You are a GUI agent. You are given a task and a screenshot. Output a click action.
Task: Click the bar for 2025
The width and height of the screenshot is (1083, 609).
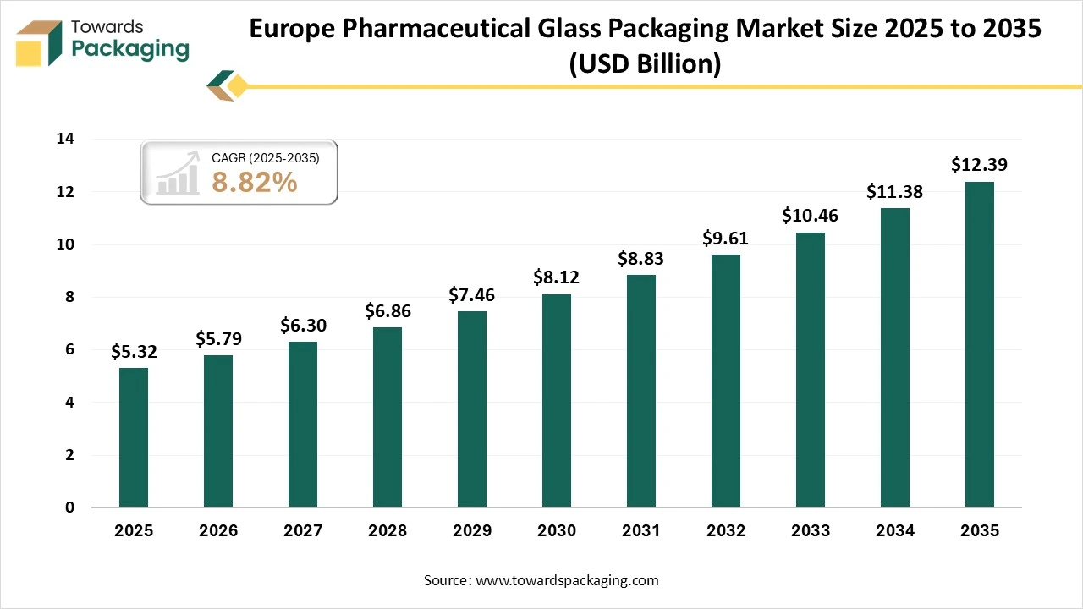tap(134, 437)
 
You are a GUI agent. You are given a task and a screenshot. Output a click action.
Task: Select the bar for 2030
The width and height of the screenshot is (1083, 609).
tap(557, 401)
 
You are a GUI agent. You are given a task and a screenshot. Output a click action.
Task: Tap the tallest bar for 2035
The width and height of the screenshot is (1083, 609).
tap(980, 344)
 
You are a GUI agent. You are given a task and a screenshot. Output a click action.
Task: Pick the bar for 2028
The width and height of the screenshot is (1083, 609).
tap(388, 417)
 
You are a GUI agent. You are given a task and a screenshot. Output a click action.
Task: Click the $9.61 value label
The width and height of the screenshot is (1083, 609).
tap(726, 239)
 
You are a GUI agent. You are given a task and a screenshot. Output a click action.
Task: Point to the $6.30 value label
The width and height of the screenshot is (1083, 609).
tap(303, 326)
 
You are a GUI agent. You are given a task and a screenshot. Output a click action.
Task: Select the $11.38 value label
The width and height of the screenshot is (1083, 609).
tap(895, 192)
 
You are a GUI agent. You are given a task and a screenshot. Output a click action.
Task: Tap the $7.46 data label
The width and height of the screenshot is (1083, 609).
tap(472, 295)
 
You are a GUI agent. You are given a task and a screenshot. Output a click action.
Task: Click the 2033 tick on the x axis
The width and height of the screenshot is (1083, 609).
tap(811, 531)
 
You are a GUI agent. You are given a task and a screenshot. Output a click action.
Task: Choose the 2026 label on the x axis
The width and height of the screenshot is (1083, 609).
tap(218, 531)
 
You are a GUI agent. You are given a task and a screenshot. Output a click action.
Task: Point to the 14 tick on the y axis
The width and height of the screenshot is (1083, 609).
tap(66, 140)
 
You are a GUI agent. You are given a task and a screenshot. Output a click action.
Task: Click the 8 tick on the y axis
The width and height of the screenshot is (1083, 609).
tap(70, 298)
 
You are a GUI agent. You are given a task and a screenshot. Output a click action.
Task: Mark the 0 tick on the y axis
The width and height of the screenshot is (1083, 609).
tap(70, 507)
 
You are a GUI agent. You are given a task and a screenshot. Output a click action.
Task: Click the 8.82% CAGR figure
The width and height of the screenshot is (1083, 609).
tap(255, 182)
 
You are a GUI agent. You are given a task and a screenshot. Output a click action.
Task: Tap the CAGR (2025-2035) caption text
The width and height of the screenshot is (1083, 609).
tap(266, 157)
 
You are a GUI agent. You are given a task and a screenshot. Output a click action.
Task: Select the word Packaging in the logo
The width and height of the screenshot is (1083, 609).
tap(130, 48)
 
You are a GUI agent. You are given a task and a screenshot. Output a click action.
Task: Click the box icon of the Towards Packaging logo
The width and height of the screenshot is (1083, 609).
tap(41, 42)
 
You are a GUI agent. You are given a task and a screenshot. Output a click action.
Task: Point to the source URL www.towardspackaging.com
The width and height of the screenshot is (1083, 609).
tap(566, 580)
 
